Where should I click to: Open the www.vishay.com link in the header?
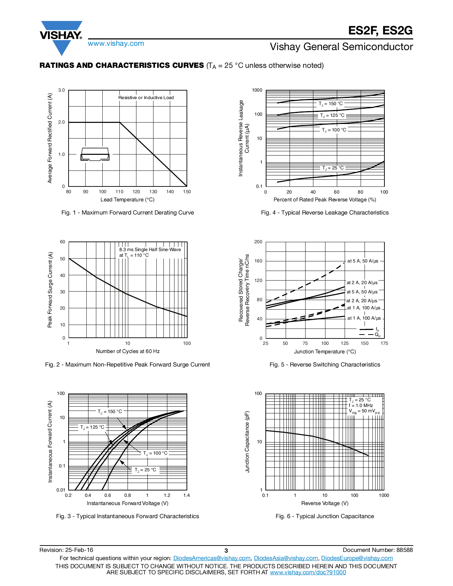pyautogui.click(x=116, y=44)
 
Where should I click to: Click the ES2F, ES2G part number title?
pyautogui.click(x=380, y=31)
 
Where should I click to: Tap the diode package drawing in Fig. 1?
pyautogui.click(x=95, y=154)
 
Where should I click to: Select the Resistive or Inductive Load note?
pyautogui.click(x=146, y=98)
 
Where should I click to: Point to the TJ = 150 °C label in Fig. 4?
pyautogui.click(x=330, y=104)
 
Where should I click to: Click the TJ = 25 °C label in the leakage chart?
pyautogui.click(x=333, y=168)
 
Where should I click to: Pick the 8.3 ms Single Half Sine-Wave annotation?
pyautogui.click(x=150, y=250)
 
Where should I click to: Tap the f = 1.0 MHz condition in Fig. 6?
pyautogui.click(x=361, y=406)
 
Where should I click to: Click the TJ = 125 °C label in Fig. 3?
pyautogui.click(x=92, y=427)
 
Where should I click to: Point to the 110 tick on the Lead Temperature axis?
pyautogui.click(x=119, y=192)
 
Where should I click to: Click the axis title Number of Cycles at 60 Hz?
pyautogui.click(x=128, y=351)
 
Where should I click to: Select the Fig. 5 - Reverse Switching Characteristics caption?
pyautogui.click(x=325, y=365)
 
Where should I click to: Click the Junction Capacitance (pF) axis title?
pyautogui.click(x=248, y=441)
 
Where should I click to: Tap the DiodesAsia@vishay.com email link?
pyautogui.click(x=286, y=558)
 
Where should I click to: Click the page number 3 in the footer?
pyautogui.click(x=226, y=550)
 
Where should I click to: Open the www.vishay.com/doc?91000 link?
pyautogui.click(x=308, y=572)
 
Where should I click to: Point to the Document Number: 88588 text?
pyautogui.click(x=378, y=550)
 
